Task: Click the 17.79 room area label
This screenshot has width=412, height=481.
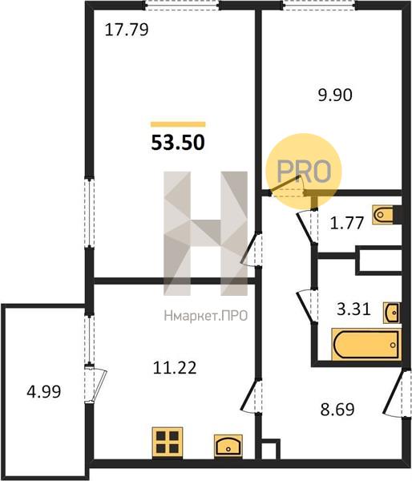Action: (127, 30)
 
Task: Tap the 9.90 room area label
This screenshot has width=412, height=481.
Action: (335, 95)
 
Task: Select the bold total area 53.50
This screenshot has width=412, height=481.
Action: (178, 143)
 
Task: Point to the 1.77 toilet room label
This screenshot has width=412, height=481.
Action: (346, 223)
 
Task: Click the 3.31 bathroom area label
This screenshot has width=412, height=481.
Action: (353, 309)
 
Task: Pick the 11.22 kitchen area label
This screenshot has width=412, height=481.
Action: (175, 367)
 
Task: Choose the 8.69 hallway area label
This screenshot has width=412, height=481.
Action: (337, 409)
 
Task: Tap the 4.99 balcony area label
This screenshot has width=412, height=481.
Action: (44, 392)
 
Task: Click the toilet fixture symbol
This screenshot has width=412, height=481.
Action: (383, 214)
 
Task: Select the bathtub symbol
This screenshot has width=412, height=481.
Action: (366, 344)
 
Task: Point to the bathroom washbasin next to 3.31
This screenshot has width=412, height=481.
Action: (392, 313)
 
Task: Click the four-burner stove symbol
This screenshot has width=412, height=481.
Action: (168, 442)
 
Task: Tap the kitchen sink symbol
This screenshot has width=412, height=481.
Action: (228, 446)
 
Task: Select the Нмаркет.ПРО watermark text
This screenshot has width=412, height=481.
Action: (206, 315)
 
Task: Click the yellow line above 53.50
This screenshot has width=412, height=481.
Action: (178, 124)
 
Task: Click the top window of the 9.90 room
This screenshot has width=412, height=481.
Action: (319, 6)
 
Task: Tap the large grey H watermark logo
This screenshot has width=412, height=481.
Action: (205, 233)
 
